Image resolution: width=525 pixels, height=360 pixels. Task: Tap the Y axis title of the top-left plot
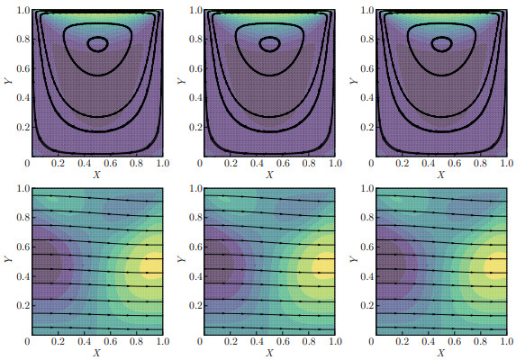tap(7, 81)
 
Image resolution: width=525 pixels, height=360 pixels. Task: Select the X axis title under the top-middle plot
tap(268, 175)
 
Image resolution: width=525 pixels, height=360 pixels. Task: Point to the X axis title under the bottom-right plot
tap(440, 351)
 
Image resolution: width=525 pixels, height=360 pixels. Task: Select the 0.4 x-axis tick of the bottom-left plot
tap(83, 342)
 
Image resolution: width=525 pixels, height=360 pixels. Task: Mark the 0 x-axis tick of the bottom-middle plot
tap(202, 342)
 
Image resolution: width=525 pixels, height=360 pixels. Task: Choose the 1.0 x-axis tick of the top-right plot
tap(507, 166)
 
